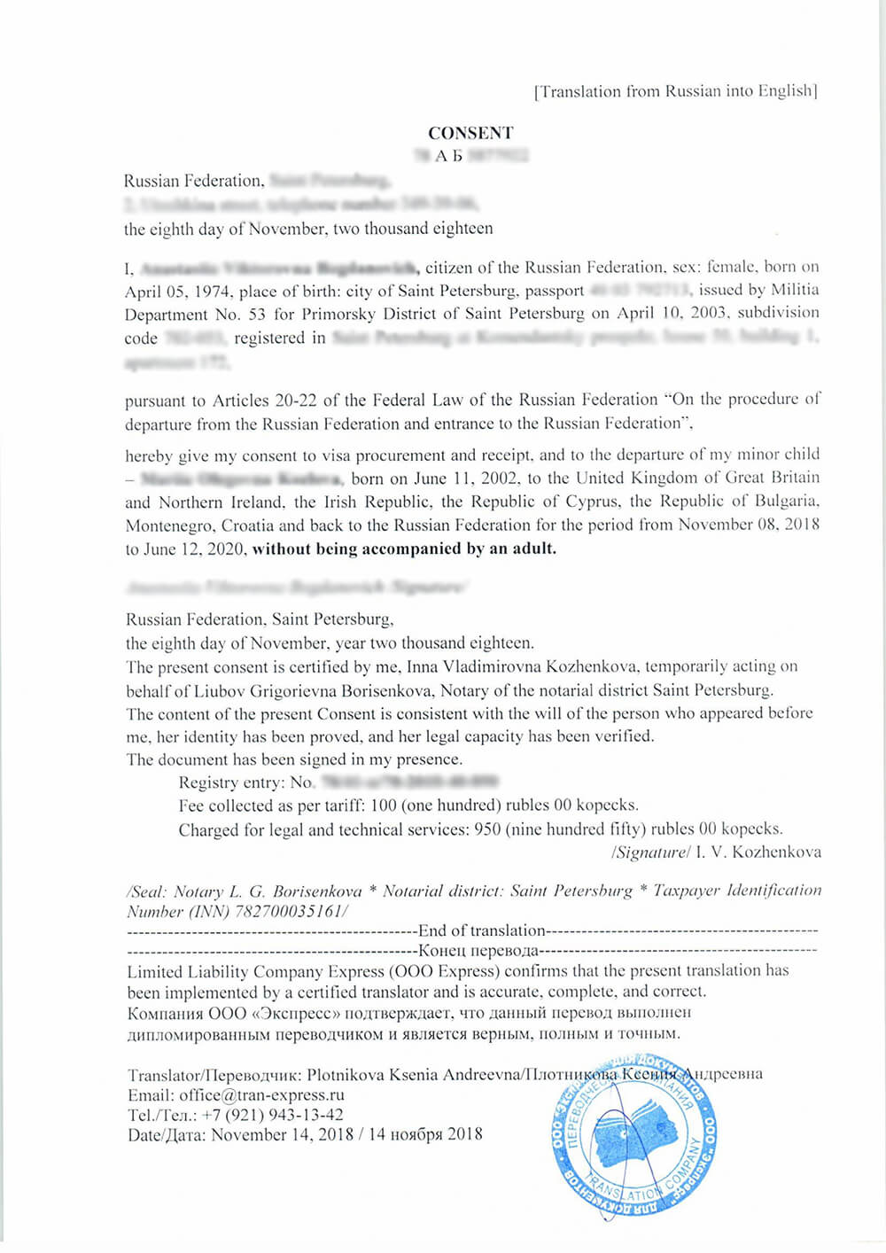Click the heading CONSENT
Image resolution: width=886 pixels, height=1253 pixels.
click(470, 133)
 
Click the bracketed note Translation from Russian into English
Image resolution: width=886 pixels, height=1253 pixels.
click(676, 91)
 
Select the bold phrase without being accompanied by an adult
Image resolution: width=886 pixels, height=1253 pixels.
click(404, 549)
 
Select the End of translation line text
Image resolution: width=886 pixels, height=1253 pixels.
click(481, 930)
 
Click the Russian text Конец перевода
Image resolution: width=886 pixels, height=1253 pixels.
click(478, 951)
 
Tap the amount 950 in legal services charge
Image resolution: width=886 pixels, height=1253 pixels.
click(487, 829)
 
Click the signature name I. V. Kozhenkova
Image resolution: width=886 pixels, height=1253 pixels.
click(758, 852)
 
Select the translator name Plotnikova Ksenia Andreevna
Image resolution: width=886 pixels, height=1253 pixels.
click(414, 1075)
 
